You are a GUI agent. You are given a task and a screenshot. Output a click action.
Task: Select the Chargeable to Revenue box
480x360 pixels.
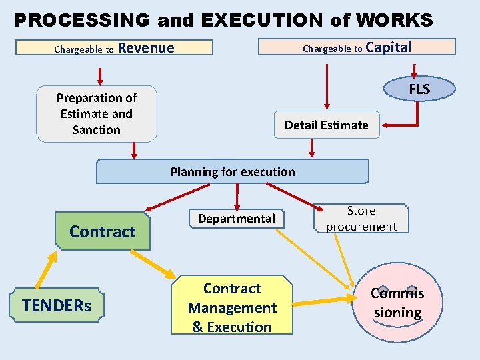[x=114, y=48]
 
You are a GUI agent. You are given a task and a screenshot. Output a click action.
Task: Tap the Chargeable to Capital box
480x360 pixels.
[x=357, y=47]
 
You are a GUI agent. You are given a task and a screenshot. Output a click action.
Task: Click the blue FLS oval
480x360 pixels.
[x=419, y=89]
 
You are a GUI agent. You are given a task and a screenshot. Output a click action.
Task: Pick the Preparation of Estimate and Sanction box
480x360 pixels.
[x=97, y=114]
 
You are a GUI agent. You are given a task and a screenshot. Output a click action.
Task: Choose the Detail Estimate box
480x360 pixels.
[x=326, y=125]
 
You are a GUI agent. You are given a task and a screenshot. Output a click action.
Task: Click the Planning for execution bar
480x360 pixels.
[x=232, y=171]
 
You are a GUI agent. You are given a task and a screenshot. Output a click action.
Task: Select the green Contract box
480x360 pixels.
[x=102, y=231]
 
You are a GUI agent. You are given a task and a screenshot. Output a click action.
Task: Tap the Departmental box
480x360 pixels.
[x=236, y=219]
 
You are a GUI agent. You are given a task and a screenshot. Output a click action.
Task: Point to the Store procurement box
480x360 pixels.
[x=361, y=219]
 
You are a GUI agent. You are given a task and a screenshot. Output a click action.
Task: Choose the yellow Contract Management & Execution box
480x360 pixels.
[x=232, y=307]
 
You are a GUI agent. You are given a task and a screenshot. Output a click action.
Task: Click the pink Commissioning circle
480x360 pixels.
[x=397, y=304]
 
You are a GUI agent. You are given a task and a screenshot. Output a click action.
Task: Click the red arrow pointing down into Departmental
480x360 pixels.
[x=236, y=197]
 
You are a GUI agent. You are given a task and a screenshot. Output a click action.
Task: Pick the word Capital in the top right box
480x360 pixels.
[x=389, y=47]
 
